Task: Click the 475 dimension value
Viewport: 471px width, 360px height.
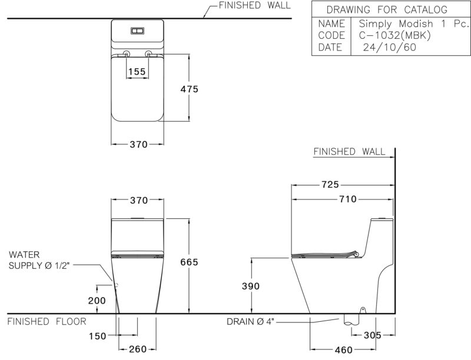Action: click(x=189, y=89)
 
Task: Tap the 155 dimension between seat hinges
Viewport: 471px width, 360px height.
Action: click(x=137, y=72)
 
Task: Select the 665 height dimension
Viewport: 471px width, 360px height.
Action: click(x=189, y=262)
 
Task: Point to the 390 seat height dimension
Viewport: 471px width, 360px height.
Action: click(x=251, y=286)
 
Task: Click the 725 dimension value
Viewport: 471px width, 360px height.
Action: click(x=330, y=185)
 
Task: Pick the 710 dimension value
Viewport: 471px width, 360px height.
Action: click(x=348, y=199)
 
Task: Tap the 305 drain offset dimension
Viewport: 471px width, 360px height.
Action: click(x=373, y=335)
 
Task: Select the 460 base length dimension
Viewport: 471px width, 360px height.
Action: click(x=344, y=350)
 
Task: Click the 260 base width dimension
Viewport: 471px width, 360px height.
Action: click(x=138, y=349)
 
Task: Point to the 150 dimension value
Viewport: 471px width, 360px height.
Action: click(x=98, y=336)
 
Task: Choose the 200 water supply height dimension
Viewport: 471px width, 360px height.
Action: click(x=97, y=301)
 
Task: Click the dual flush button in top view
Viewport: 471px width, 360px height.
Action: click(x=138, y=31)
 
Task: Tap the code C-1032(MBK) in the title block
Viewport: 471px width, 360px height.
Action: click(x=394, y=35)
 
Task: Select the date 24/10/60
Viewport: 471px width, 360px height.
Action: click(x=390, y=48)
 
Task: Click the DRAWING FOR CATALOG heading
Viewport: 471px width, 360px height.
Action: click(x=387, y=10)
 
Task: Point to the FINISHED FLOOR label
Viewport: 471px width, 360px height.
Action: click(x=47, y=322)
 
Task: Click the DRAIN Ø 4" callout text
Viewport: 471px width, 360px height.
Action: click(x=251, y=322)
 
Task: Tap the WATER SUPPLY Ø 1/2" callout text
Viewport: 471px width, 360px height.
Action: click(x=39, y=260)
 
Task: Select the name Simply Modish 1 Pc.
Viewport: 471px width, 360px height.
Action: click(x=414, y=24)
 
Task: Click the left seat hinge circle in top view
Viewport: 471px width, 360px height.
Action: click(x=127, y=54)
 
